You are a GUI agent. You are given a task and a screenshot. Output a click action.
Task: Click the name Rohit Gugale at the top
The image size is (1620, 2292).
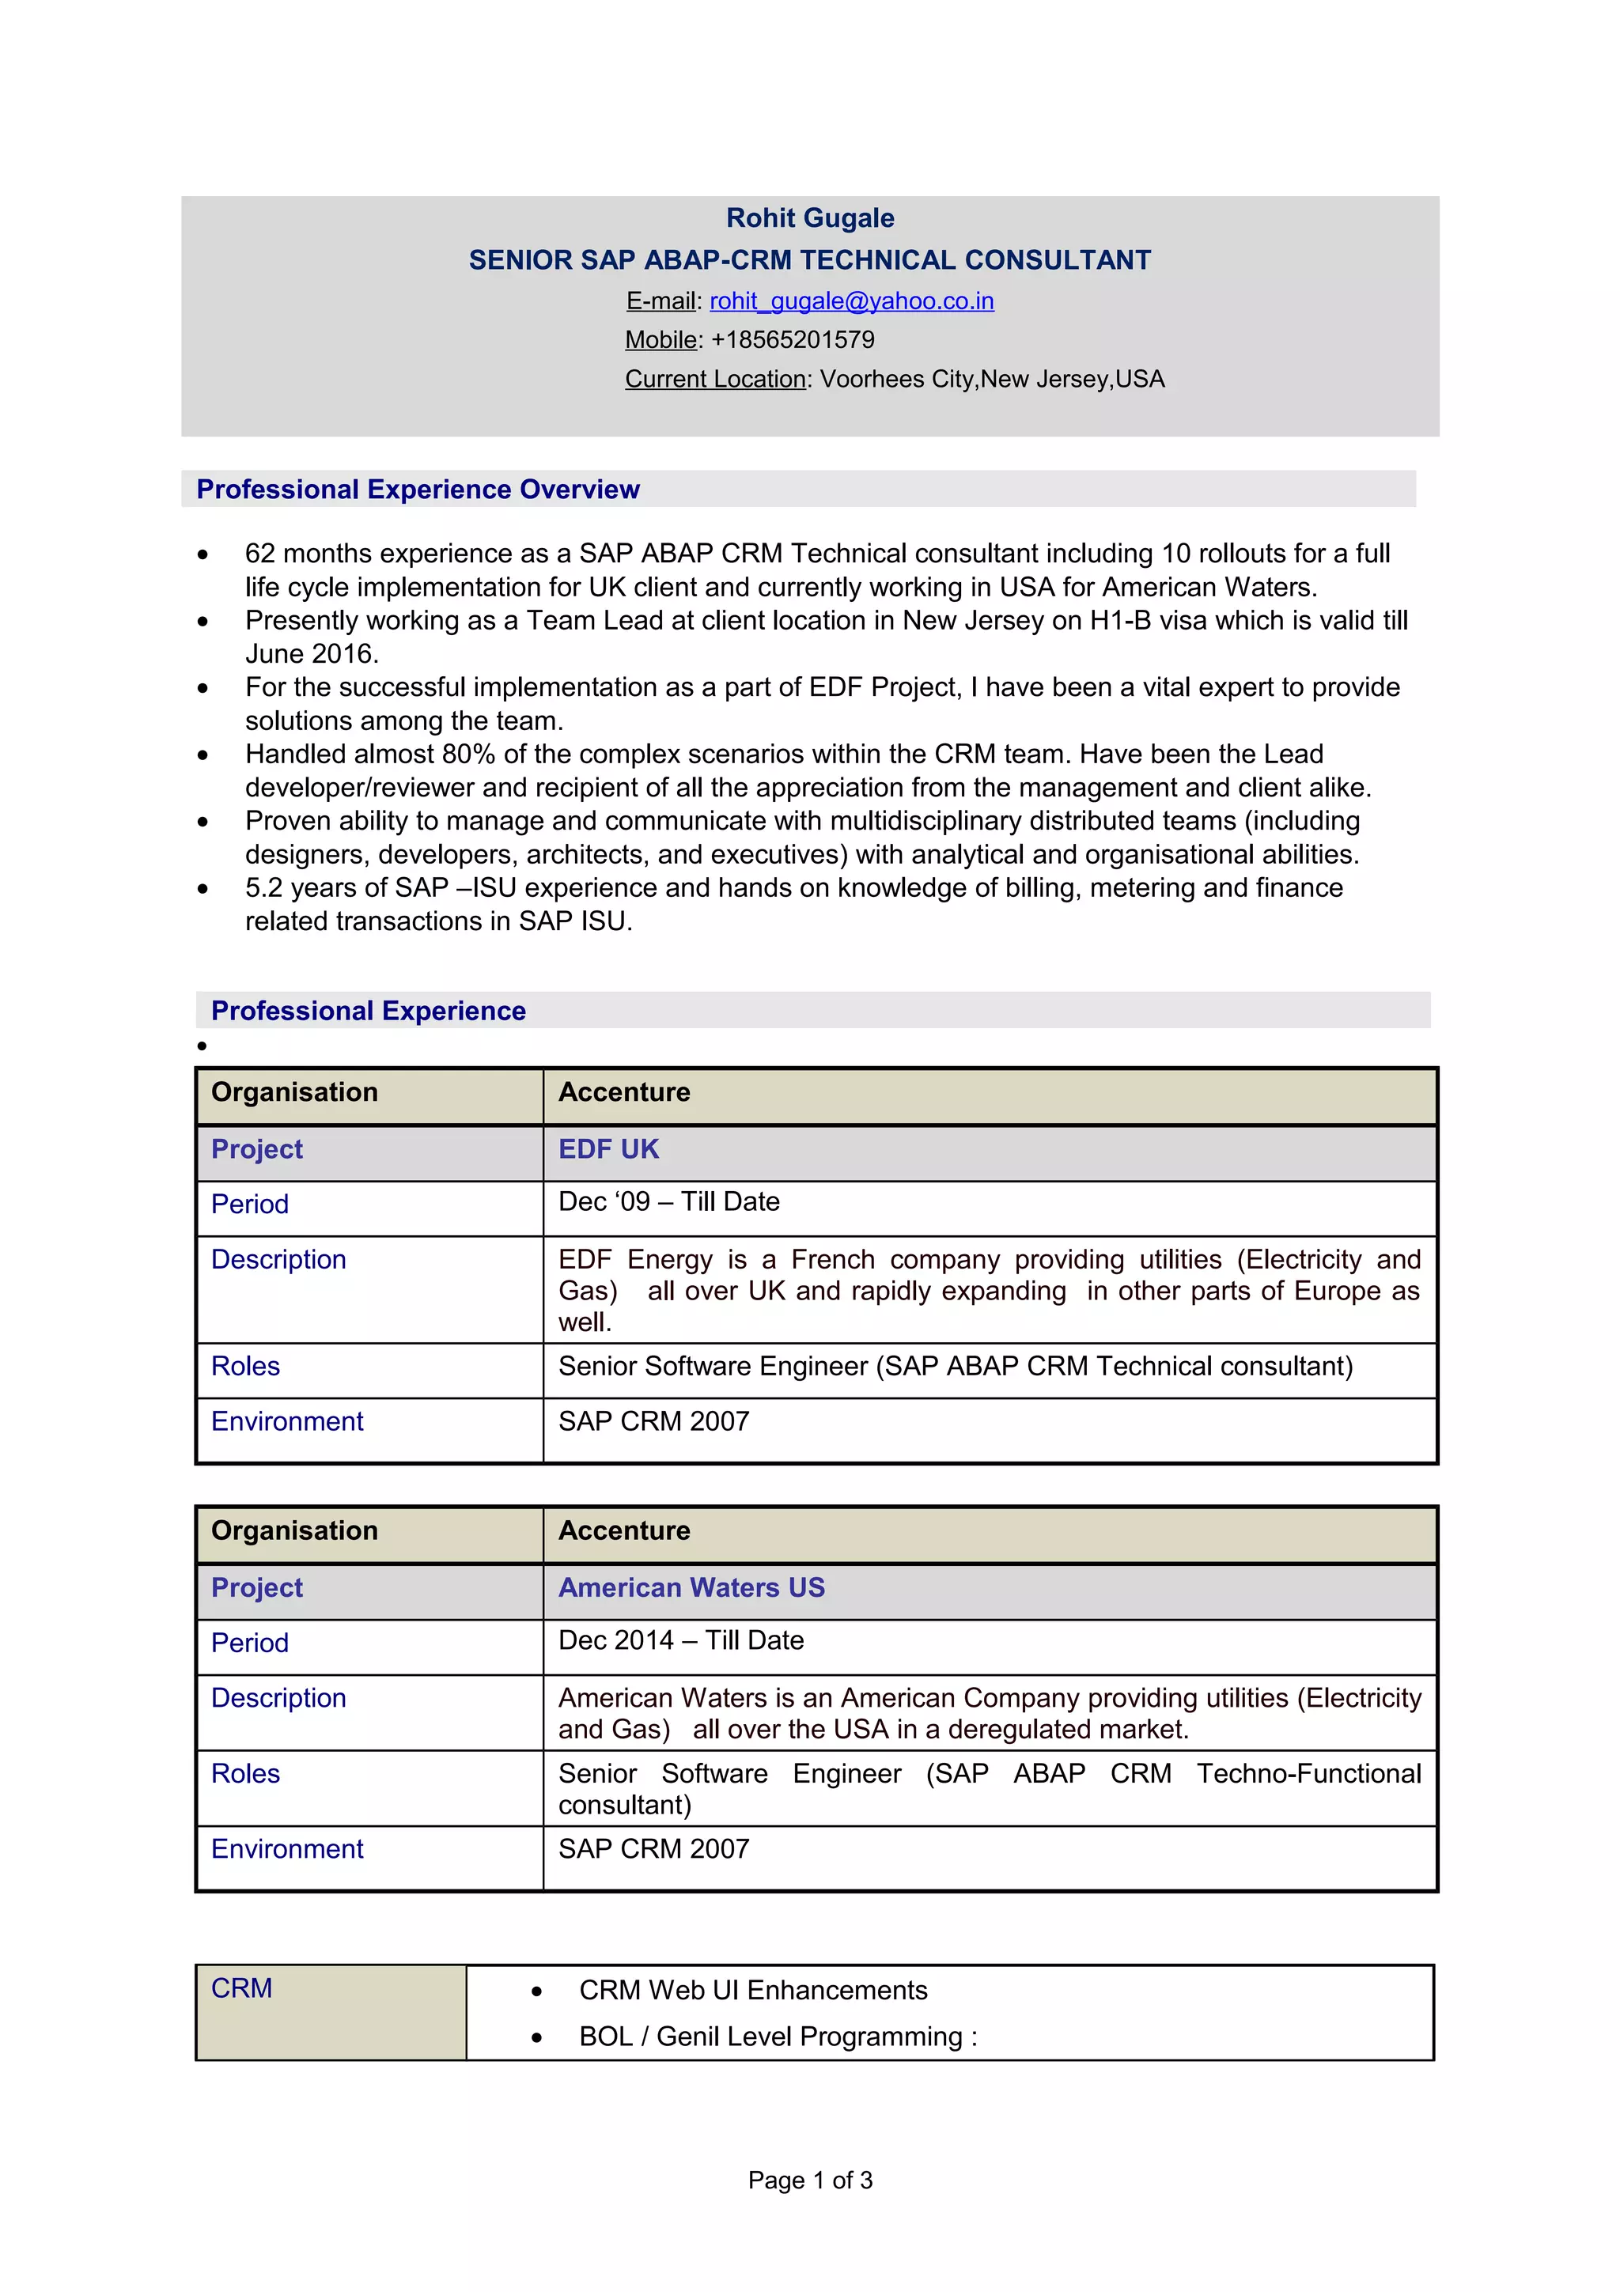[809, 217]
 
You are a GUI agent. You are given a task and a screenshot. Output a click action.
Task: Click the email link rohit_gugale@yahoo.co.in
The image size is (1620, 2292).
[851, 301]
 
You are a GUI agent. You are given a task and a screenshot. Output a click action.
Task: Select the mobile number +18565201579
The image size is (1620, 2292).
[792, 339]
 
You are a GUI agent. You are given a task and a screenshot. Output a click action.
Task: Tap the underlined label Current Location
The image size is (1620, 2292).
[714, 380]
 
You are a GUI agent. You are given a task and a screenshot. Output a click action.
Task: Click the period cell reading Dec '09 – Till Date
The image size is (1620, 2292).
[668, 1202]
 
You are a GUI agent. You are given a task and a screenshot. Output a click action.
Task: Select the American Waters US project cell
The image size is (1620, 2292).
[691, 1587]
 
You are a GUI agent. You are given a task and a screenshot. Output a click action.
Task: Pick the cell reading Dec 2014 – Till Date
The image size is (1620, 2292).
[681, 1640]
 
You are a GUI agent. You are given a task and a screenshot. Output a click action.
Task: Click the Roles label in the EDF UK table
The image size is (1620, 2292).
[245, 1366]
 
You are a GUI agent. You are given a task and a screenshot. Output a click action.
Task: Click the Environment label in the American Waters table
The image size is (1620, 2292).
[287, 1849]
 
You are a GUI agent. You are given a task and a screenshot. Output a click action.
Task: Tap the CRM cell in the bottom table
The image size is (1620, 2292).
[241, 1988]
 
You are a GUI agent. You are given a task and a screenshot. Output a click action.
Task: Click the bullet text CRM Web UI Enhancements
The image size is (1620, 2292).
[752, 1990]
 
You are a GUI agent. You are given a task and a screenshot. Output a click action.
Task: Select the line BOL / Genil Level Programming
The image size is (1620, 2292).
[777, 2037]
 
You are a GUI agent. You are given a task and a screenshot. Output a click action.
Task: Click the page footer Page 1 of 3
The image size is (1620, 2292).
[809, 2180]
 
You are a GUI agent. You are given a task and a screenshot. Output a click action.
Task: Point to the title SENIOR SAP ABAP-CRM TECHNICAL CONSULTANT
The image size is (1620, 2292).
[809, 259]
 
